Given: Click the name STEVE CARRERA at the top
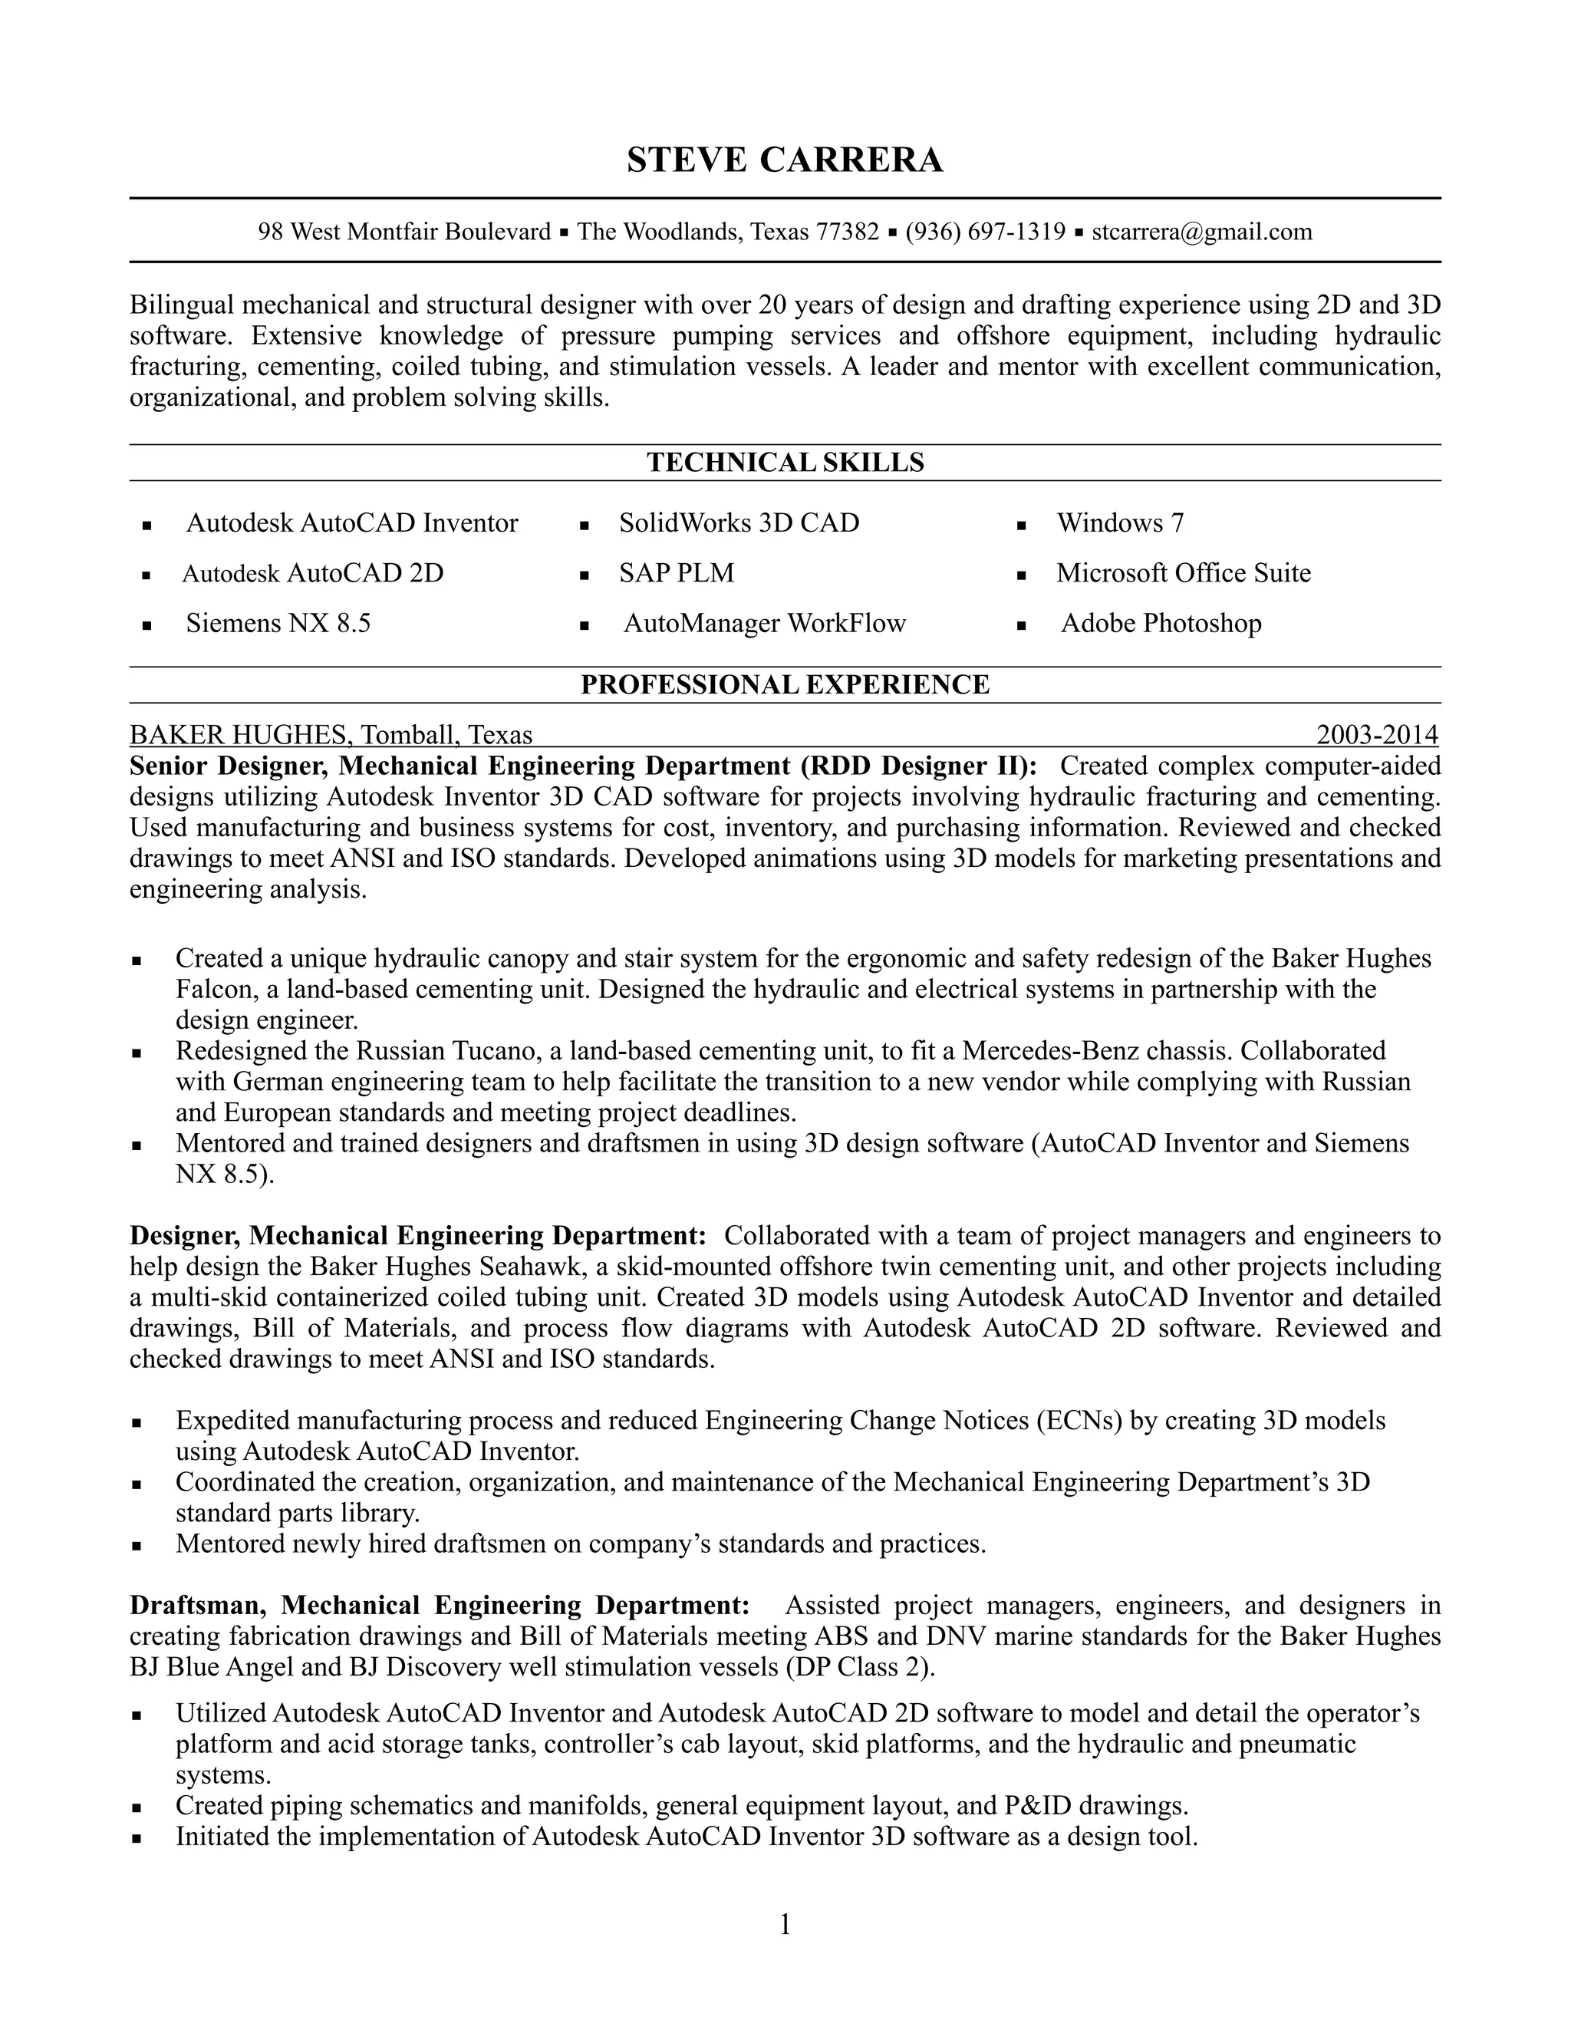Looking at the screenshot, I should click(x=785, y=160).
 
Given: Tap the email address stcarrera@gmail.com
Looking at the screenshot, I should click(x=1201, y=232).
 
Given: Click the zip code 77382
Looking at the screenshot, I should click(x=847, y=232).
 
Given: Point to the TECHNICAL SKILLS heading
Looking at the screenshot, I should click(x=785, y=463).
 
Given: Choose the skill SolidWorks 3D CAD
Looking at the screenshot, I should click(x=739, y=523).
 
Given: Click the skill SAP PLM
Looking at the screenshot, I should click(x=677, y=573).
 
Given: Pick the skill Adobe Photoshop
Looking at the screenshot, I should click(x=1161, y=624).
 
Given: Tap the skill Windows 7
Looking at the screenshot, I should click(x=1120, y=523).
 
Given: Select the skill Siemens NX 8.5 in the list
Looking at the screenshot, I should click(x=278, y=624).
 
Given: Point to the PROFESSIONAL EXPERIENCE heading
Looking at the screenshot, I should click(x=785, y=685).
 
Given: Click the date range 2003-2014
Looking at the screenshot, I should click(x=1376, y=736).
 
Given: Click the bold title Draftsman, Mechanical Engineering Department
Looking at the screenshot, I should click(x=440, y=1606).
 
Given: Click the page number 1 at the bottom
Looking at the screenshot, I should click(x=785, y=1925).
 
